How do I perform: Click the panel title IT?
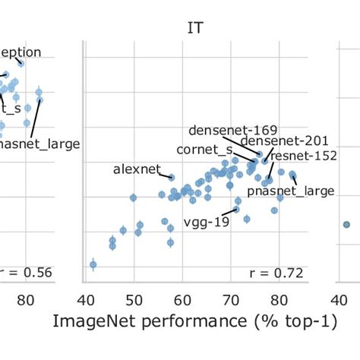(x=196, y=28)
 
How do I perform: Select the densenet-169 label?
(x=232, y=130)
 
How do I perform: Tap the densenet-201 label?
(x=275, y=141)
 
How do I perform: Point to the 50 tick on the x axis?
(x=134, y=298)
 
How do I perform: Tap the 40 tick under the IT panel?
(x=85, y=298)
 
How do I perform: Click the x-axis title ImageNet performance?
(x=194, y=322)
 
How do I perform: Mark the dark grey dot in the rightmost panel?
(x=346, y=224)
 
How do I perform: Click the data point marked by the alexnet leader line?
(x=172, y=178)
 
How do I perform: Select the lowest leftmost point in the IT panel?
(x=93, y=264)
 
